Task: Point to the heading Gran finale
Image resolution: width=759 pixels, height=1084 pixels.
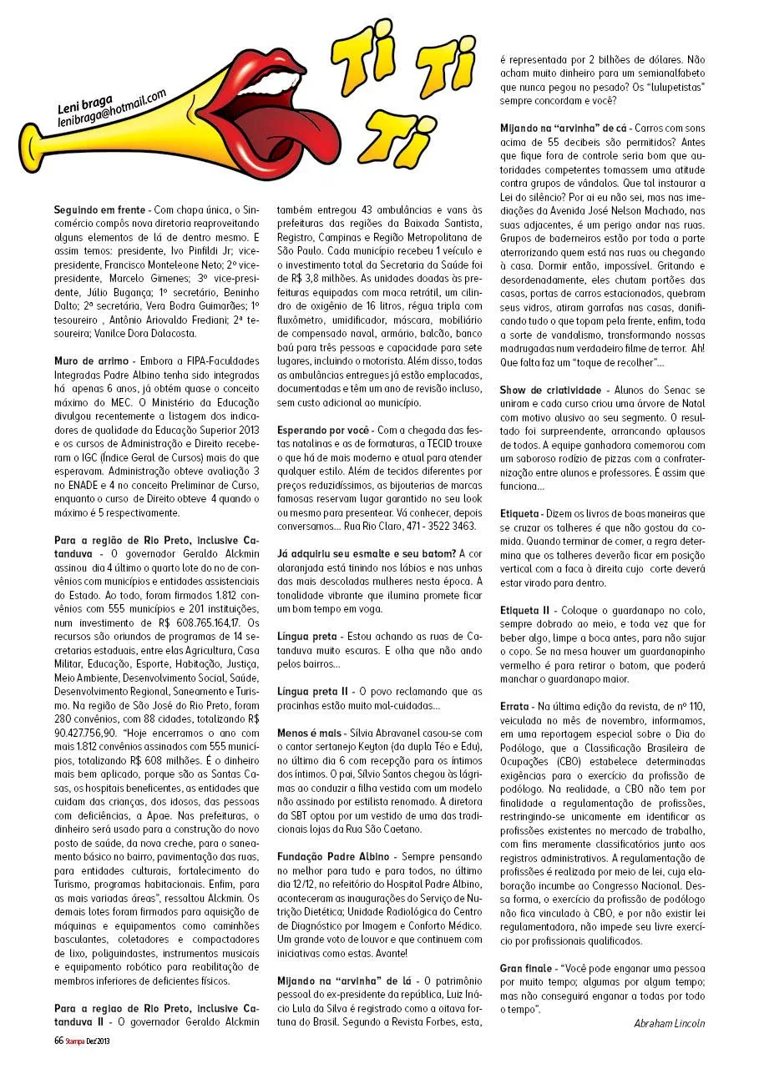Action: (527, 968)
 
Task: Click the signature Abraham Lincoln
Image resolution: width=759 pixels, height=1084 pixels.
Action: (670, 1023)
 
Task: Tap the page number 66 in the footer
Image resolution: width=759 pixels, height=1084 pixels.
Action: (59, 1040)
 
